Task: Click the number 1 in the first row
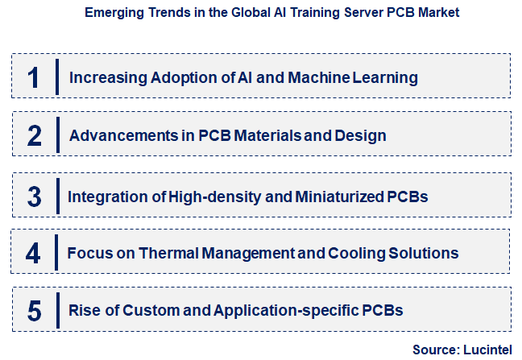[33, 78]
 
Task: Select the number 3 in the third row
[34, 196]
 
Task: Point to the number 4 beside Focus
[33, 254]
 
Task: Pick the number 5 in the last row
[34, 310]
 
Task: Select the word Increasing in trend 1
[103, 78]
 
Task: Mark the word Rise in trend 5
[84, 310]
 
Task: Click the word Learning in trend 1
[387, 78]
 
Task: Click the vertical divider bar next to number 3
[57, 196]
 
